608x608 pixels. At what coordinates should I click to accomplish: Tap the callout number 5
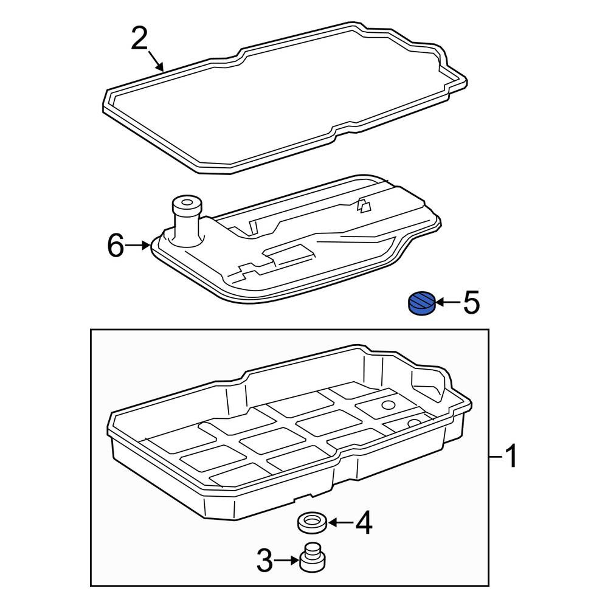472,302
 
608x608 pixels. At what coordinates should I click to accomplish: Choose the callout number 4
364,523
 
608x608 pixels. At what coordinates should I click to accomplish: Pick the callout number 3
265,560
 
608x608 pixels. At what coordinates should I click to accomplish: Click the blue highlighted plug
423,303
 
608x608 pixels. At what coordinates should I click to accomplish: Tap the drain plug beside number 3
313,557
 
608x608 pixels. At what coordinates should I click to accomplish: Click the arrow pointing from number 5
447,302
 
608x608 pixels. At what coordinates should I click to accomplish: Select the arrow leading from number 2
156,60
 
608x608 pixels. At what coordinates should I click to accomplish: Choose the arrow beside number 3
288,560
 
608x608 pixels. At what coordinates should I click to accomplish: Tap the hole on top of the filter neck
187,202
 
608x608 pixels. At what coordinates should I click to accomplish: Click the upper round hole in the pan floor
388,405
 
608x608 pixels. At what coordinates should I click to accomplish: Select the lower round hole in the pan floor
414,423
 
